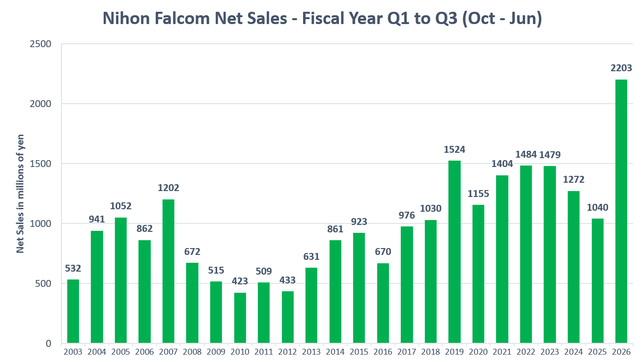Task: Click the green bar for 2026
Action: click(x=621, y=211)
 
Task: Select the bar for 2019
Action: click(x=454, y=252)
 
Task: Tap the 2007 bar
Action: click(x=168, y=271)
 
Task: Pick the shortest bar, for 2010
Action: click(x=240, y=318)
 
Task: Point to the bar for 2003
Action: click(x=73, y=311)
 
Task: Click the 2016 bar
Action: click(x=383, y=303)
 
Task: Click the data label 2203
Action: click(x=621, y=68)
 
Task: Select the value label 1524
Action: click(x=454, y=149)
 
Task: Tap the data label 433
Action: click(x=287, y=280)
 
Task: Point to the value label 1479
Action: click(x=550, y=155)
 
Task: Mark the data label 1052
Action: click(x=121, y=206)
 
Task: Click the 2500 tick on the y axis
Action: click(x=40, y=44)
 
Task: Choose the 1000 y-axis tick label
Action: click(x=40, y=223)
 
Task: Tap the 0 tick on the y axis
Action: click(x=49, y=343)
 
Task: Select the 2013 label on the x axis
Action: click(x=311, y=352)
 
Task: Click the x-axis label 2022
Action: click(x=526, y=352)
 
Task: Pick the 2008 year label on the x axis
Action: click(x=192, y=352)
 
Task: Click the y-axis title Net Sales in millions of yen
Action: click(x=20, y=194)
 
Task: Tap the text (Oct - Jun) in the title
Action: click(x=502, y=19)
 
